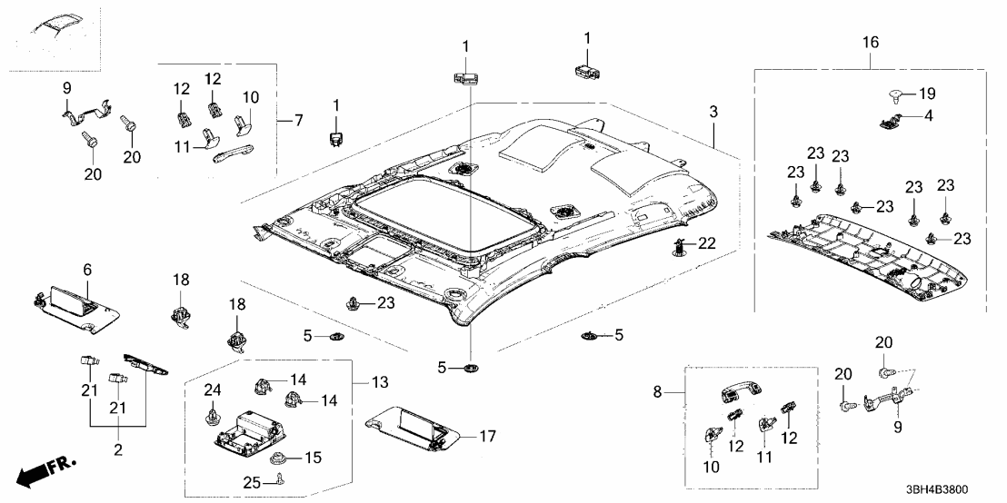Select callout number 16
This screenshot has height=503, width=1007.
pyautogui.click(x=870, y=42)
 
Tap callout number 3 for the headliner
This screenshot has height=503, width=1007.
pyautogui.click(x=713, y=112)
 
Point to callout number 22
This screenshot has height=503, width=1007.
pyautogui.click(x=707, y=242)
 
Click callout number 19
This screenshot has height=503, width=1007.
pyautogui.click(x=925, y=94)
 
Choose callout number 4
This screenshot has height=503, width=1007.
pyautogui.click(x=928, y=115)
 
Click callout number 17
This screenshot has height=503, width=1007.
pyautogui.click(x=487, y=437)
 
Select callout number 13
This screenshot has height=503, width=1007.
pyautogui.click(x=376, y=380)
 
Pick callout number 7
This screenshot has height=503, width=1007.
pyautogui.click(x=295, y=120)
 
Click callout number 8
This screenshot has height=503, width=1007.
pyautogui.click(x=670, y=392)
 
